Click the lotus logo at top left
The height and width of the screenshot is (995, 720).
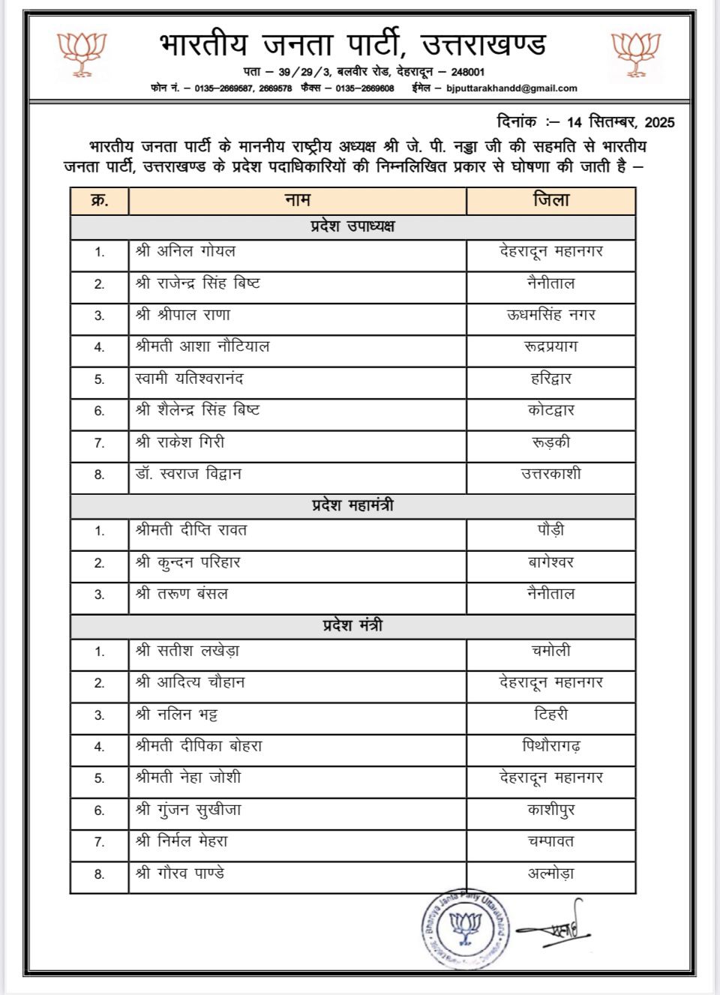pyautogui.click(x=82, y=54)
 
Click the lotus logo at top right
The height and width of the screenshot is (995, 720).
pyautogui.click(x=636, y=54)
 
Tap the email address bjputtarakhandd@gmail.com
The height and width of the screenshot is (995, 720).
pyautogui.click(x=511, y=88)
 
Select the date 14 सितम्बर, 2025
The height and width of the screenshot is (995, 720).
pyautogui.click(x=620, y=122)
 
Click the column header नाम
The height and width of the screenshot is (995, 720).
pyautogui.click(x=297, y=200)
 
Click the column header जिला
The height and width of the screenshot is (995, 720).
pyautogui.click(x=551, y=200)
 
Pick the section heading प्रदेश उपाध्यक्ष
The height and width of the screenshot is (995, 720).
pyautogui.click(x=352, y=226)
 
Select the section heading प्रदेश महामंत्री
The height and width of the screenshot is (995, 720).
pyautogui.click(x=352, y=505)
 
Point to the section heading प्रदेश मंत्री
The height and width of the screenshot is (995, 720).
pyautogui.click(x=352, y=625)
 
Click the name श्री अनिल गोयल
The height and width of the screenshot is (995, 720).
pyautogui.click(x=185, y=251)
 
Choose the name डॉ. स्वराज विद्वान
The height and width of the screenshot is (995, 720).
pyautogui.click(x=188, y=474)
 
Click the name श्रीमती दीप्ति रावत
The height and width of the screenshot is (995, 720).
pyautogui.click(x=191, y=530)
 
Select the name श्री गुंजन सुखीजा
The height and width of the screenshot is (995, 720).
pyautogui.click(x=188, y=810)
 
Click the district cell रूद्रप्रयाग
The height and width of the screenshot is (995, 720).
pyautogui.click(x=551, y=346)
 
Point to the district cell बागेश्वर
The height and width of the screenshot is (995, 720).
pyautogui.click(x=551, y=562)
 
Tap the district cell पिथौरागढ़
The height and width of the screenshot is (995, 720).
pyautogui.click(x=551, y=746)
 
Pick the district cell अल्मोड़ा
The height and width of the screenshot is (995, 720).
pyautogui.click(x=551, y=874)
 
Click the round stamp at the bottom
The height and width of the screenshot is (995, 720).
pyautogui.click(x=464, y=930)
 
